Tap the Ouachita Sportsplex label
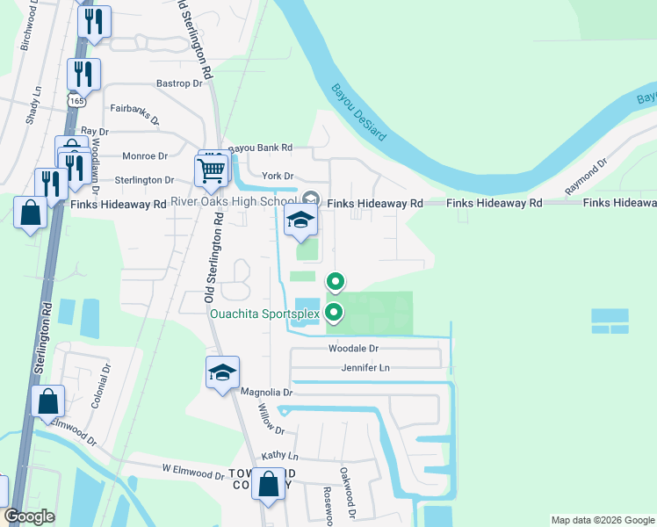tap(265, 313)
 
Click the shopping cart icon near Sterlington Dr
tap(212, 172)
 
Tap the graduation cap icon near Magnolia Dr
tap(223, 372)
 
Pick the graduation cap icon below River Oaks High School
tap(300, 223)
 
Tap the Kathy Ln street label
tap(280, 458)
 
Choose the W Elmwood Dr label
tap(192, 473)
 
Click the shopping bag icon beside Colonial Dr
tap(47, 401)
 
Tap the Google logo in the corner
tap(29, 516)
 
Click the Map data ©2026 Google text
tap(602, 520)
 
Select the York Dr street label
tap(277, 176)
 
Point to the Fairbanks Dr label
tap(134, 113)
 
